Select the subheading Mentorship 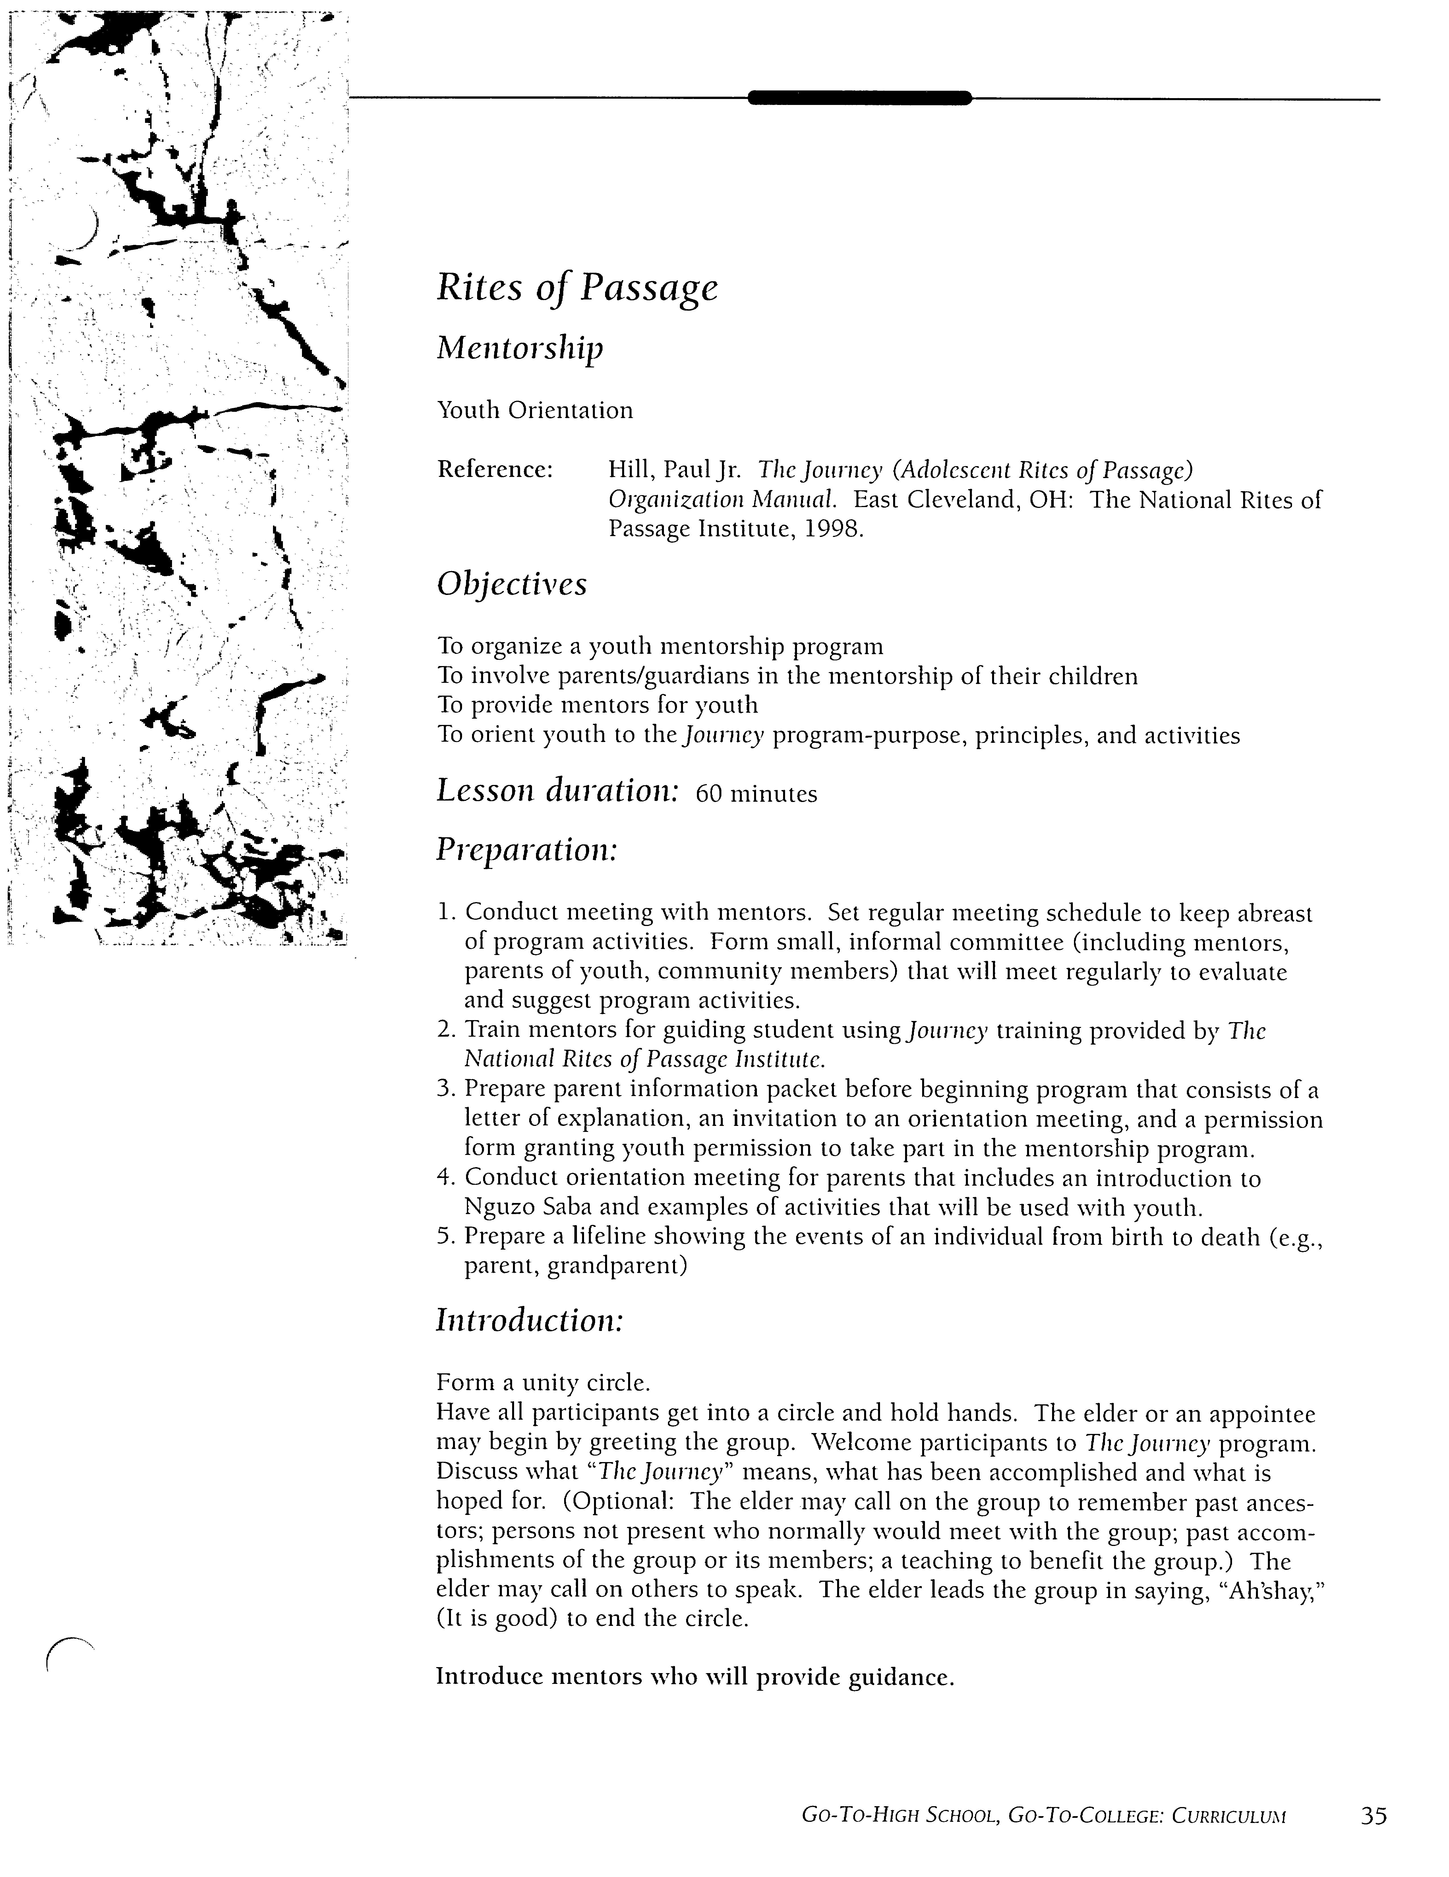(520, 348)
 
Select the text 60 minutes (756, 794)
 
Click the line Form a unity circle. (543, 1383)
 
